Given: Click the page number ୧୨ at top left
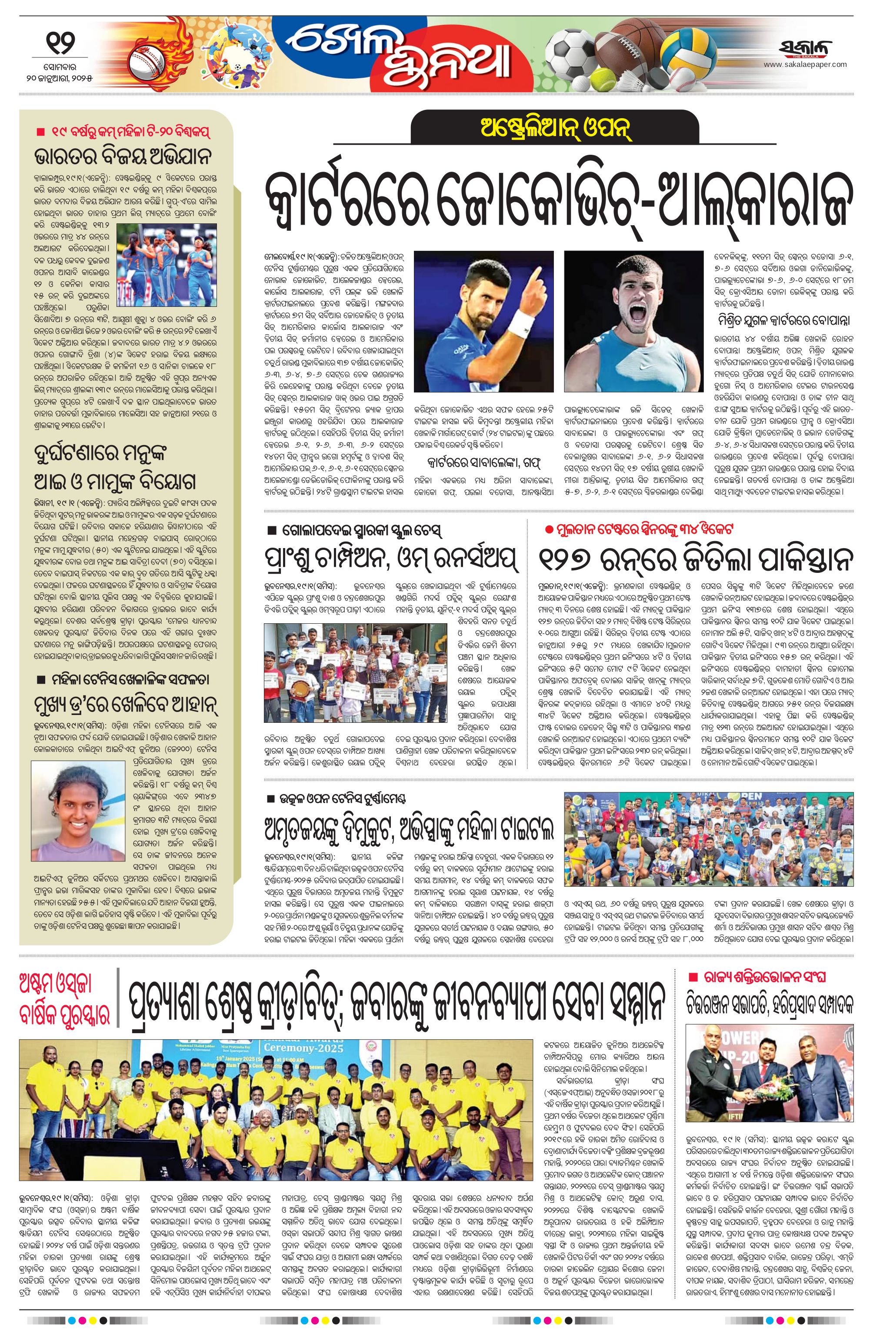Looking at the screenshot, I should tap(59, 42).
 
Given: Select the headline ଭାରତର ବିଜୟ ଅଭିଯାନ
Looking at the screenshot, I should tap(122, 156).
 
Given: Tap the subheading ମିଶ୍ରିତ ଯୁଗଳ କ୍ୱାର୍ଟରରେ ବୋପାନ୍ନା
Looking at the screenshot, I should tap(783, 321).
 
